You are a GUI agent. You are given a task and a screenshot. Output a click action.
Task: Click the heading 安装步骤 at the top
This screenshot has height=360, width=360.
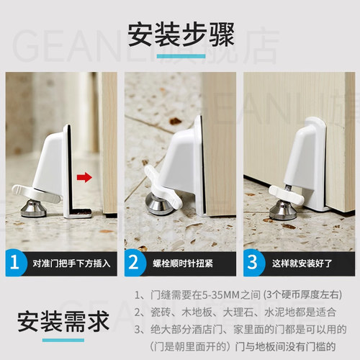(x=181, y=35)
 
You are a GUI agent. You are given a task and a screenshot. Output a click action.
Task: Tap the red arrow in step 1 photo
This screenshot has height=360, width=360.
(x=84, y=178)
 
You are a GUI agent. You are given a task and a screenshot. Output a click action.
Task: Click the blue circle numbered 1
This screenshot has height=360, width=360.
(x=15, y=263)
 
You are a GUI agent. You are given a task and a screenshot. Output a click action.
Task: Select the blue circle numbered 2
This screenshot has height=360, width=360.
(x=135, y=263)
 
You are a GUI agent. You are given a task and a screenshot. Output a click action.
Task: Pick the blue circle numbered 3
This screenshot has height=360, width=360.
(x=253, y=263)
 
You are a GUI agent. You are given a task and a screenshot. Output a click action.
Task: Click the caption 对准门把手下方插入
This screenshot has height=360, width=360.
(x=71, y=264)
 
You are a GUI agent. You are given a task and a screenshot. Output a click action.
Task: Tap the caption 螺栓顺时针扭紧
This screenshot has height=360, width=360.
(x=183, y=264)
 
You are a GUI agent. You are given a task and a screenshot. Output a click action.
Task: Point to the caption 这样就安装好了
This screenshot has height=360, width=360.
(x=302, y=264)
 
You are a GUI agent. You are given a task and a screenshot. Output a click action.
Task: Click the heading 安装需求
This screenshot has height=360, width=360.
(x=63, y=322)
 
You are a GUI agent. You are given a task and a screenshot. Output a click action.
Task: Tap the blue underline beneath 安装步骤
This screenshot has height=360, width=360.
(x=181, y=56)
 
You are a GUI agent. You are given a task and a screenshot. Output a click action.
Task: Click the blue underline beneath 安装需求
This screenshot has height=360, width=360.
(x=63, y=340)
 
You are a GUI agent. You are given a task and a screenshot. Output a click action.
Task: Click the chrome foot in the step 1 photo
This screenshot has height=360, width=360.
(x=33, y=208)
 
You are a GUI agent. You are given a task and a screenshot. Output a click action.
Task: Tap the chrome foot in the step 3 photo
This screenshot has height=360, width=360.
(x=282, y=211)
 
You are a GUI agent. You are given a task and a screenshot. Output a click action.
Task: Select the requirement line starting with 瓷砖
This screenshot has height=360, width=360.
(x=235, y=312)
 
